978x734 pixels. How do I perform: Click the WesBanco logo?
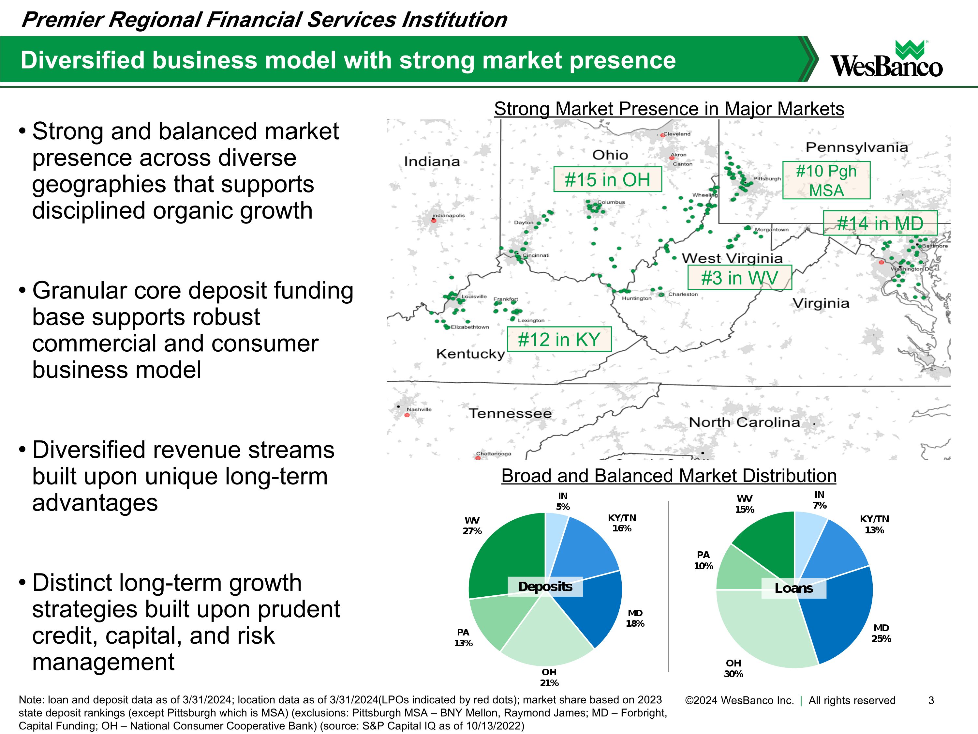pyautogui.click(x=886, y=60)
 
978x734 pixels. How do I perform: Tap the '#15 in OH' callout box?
pyautogui.click(x=607, y=180)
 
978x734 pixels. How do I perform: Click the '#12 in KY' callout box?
pyautogui.click(x=559, y=339)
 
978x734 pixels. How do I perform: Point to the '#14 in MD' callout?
pyautogui.click(x=880, y=223)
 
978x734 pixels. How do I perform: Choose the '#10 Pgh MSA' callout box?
pyautogui.click(x=826, y=180)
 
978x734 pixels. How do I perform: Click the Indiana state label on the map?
pyautogui.click(x=432, y=162)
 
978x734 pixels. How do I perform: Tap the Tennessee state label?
pyautogui.click(x=510, y=414)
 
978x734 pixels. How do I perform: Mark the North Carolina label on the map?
pyautogui.click(x=744, y=422)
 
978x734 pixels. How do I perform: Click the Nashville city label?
pyautogui.click(x=419, y=409)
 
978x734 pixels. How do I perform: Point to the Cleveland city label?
pyautogui.click(x=676, y=134)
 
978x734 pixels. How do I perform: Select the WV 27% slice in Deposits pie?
pyautogui.click(x=509, y=558)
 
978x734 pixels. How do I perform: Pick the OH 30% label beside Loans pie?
pyautogui.click(x=733, y=668)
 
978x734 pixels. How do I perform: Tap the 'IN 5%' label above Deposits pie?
pyautogui.click(x=562, y=501)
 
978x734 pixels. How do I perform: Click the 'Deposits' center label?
pyautogui.click(x=545, y=587)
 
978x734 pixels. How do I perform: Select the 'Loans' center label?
pyautogui.click(x=793, y=589)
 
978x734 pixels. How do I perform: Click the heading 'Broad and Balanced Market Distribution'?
pyautogui.click(x=669, y=476)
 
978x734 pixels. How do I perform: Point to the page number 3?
pyautogui.click(x=931, y=700)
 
